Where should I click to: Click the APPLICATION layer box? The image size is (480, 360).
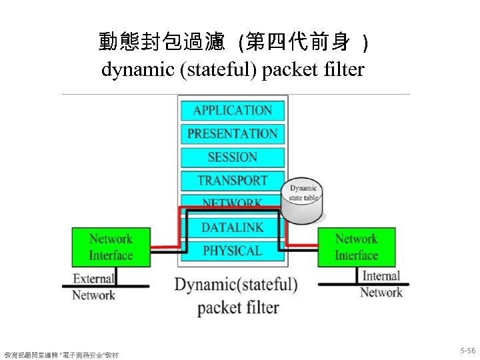(x=232, y=110)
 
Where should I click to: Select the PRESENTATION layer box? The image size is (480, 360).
(x=232, y=133)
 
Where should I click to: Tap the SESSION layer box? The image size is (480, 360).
(x=232, y=157)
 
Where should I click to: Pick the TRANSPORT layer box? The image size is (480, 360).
(x=232, y=181)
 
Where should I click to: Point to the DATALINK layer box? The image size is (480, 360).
(x=232, y=228)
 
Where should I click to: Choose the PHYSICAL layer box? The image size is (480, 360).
(x=232, y=251)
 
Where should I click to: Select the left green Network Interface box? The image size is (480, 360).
(x=111, y=247)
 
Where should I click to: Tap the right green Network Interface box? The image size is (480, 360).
(x=356, y=247)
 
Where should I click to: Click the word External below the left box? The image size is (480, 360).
(x=93, y=279)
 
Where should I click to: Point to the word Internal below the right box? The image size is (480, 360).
(x=381, y=276)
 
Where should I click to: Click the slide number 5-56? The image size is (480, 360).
(x=467, y=351)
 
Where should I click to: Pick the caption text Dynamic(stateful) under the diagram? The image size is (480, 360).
(x=236, y=285)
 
